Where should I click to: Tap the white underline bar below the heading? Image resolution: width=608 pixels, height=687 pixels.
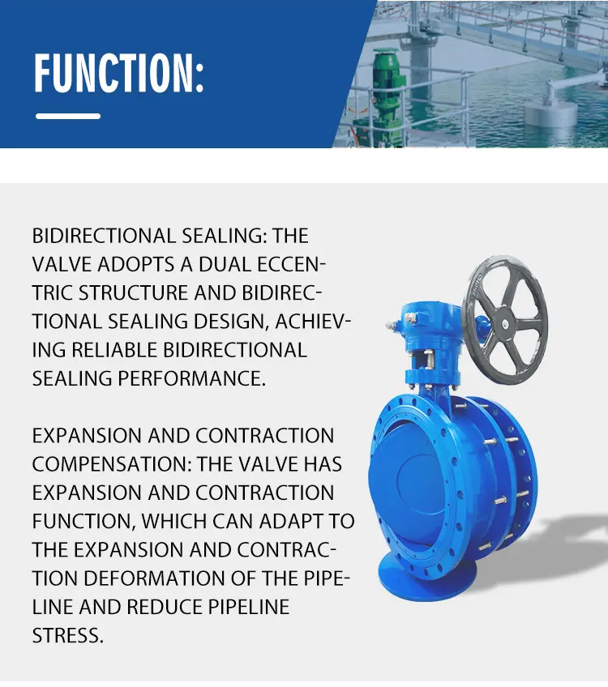(x=68, y=117)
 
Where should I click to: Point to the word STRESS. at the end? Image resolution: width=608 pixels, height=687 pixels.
(x=68, y=635)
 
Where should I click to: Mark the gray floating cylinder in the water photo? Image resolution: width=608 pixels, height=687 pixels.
(x=551, y=109)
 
